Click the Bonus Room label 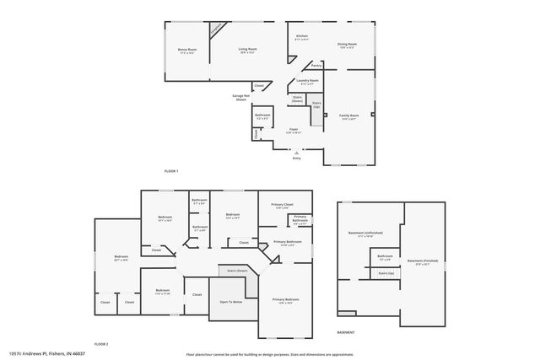click(186, 50)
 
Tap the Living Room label click(246, 50)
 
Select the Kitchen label click(301, 36)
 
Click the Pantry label click(316, 65)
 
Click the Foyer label click(293, 129)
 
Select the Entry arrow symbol click(296, 151)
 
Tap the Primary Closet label click(283, 205)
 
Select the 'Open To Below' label click(231, 301)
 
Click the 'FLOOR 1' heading click(171, 171)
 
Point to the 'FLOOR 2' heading click(101, 345)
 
